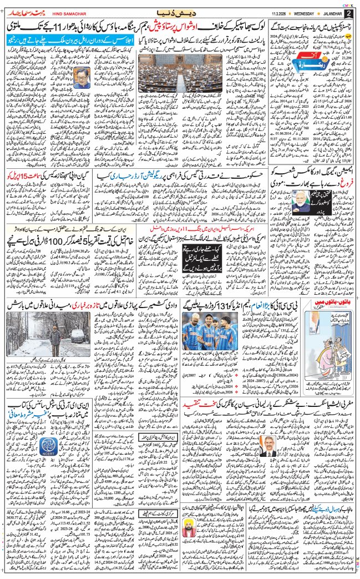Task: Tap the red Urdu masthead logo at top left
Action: coord(24,12)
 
